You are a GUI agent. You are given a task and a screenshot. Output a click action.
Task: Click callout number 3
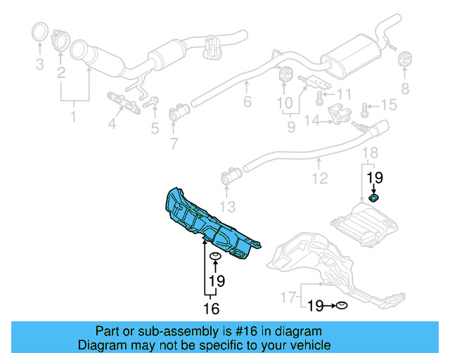pyautogui.click(x=39, y=65)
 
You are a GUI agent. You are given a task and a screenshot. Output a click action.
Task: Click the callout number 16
pyautogui.click(x=212, y=308)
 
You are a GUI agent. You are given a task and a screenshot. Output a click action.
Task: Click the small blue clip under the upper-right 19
pyautogui.click(x=374, y=200)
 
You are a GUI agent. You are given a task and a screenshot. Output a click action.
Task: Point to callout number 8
pyautogui.click(x=404, y=88)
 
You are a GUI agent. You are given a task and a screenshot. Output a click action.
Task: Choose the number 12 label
pyautogui.click(x=320, y=179)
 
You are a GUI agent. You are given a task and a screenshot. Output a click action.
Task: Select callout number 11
pyautogui.click(x=343, y=94)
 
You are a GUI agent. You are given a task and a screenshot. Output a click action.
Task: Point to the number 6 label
pyautogui.click(x=247, y=103)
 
